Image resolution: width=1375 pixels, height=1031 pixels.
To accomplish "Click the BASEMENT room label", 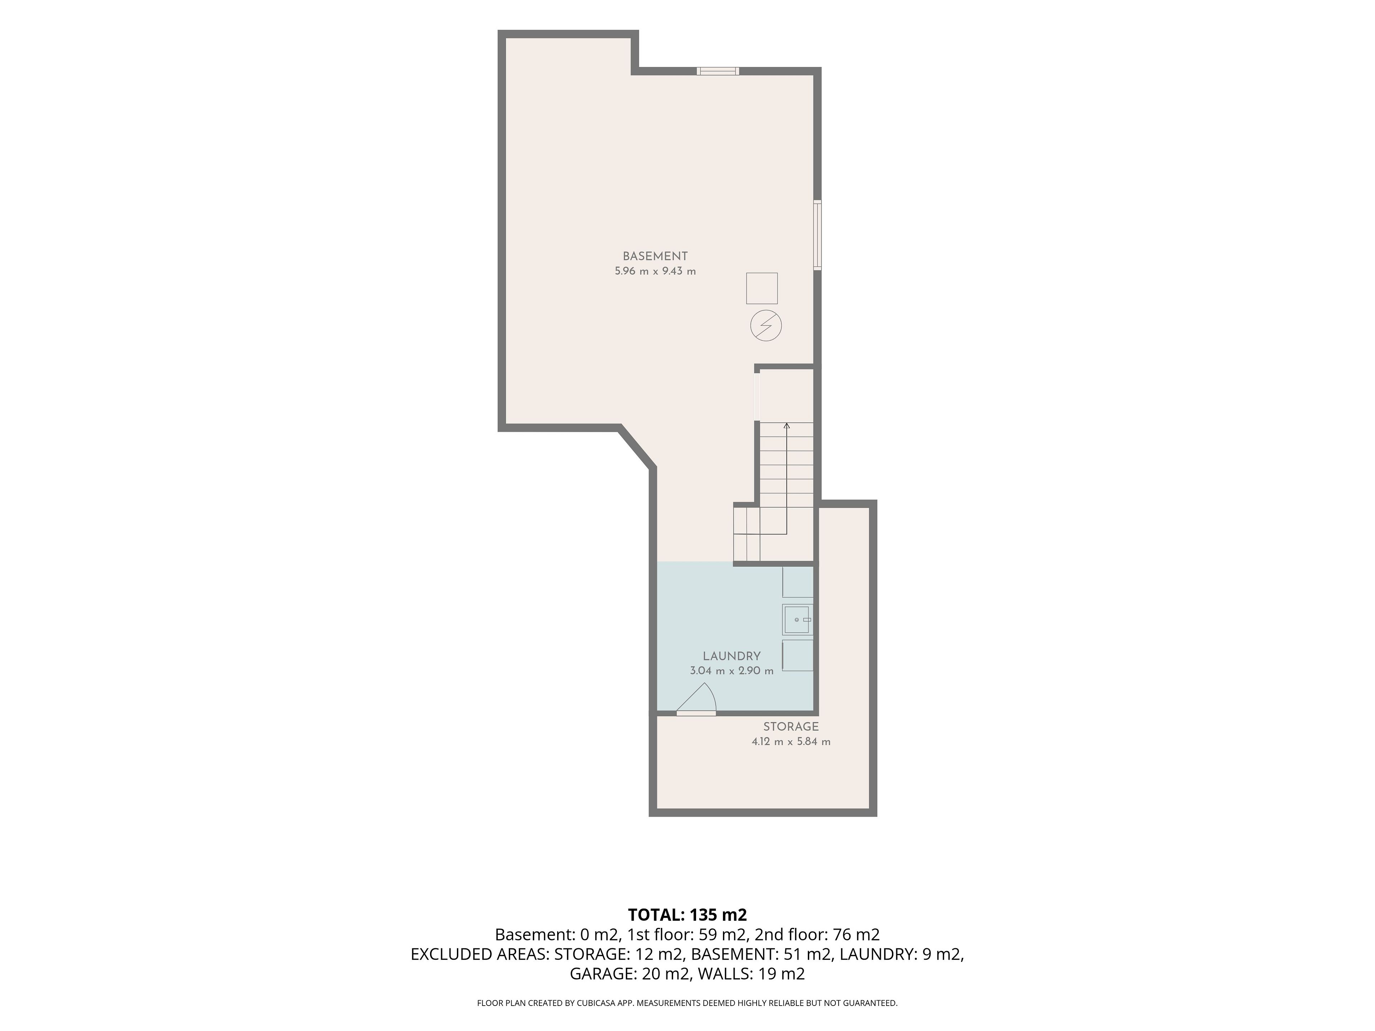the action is point(655,256).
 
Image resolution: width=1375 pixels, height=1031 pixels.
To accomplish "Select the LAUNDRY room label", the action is point(732,656).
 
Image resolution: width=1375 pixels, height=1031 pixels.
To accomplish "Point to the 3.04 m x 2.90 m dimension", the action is point(732,671).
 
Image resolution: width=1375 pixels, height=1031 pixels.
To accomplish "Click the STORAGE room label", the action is point(791,726).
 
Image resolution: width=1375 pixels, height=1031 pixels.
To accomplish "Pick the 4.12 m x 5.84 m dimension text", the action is point(791,741).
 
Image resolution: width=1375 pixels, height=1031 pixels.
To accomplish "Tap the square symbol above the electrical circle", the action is point(762,288).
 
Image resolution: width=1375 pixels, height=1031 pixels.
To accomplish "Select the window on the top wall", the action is point(718,71).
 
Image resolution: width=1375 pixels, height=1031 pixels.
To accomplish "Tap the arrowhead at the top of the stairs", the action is point(787,426).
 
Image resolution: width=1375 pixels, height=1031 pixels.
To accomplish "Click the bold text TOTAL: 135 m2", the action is point(687,915).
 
